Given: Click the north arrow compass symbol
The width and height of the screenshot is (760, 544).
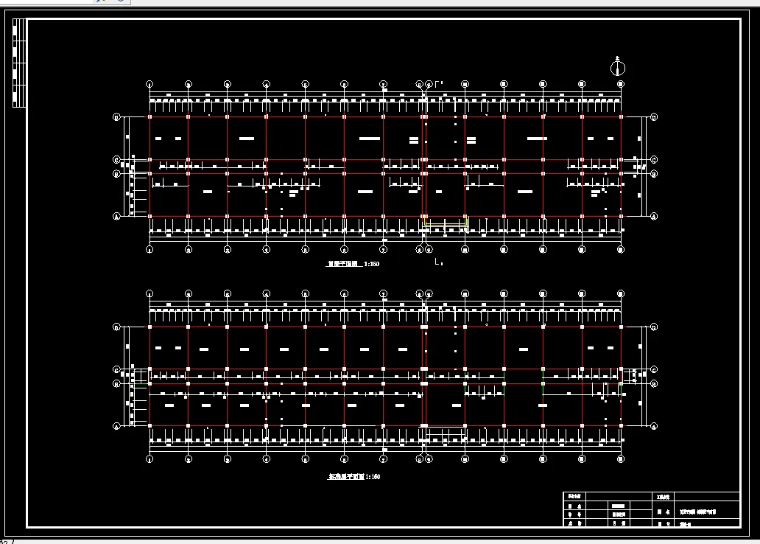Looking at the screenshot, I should point(618,69).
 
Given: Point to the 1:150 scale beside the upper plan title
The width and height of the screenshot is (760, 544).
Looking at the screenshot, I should point(372,263).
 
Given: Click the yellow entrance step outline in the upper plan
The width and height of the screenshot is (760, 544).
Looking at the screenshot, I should point(446,222).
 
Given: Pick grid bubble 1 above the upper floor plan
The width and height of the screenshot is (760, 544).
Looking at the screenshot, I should point(149,84).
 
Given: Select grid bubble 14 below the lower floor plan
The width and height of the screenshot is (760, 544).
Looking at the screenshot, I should point(621,459).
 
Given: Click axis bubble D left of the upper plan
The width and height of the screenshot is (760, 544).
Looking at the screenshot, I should point(116,116).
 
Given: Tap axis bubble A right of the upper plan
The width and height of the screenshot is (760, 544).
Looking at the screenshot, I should point(654,216).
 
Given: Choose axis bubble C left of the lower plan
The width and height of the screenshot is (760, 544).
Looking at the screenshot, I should point(116,369).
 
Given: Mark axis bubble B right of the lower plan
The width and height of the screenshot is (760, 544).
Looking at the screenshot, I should point(654,383).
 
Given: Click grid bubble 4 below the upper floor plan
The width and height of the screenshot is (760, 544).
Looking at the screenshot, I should point(267,249).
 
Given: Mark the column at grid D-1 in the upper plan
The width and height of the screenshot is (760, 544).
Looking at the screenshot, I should point(149,116).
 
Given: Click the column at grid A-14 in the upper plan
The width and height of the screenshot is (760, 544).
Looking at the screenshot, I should point(621,216).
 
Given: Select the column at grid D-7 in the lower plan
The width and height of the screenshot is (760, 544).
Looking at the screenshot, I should point(383,326).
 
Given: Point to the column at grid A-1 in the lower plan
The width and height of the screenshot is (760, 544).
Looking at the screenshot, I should point(149,425).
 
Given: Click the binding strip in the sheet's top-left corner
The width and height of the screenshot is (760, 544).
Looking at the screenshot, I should point(19,63).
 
